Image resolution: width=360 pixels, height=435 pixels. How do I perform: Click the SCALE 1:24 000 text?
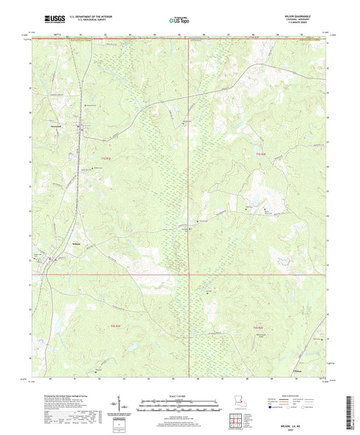pyautogui.click(x=180, y=388)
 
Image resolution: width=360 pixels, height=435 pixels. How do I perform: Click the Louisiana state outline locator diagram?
pyautogui.click(x=240, y=392)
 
